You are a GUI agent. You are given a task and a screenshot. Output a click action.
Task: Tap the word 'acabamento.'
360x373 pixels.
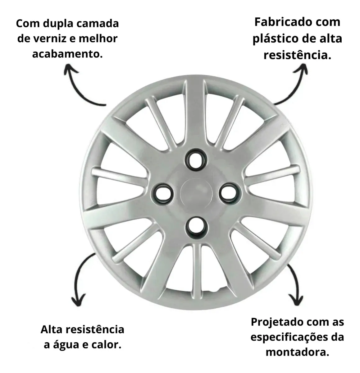tap(67, 54)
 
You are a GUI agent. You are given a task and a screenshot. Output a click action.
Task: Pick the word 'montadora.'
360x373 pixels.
tap(297, 352)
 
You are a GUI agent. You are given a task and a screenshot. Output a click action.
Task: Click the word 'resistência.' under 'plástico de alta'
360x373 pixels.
tap(297, 55)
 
